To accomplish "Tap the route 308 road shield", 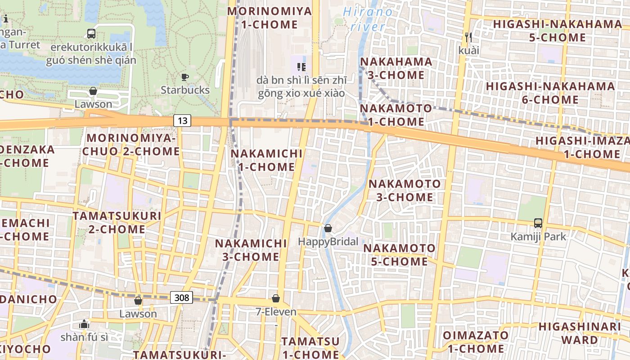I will coord(182,297).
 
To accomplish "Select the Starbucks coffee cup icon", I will coord(184,77).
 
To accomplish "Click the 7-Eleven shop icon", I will coord(276,298).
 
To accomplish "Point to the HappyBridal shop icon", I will coord(328,229).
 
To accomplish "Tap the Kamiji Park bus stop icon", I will coord(538,223).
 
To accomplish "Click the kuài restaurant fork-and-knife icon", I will coord(468,37).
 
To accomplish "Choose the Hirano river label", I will coord(368,19).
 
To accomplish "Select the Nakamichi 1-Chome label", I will coord(266,160).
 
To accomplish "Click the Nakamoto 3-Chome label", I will coord(405,190).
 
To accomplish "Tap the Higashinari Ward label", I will coord(580,333).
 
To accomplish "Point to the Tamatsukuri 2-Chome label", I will coord(117,222).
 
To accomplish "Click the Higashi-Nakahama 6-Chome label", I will coord(550,93).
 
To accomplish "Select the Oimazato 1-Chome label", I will coord(476,342).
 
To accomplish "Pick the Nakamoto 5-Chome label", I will coord(399,255).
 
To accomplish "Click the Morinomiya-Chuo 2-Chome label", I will coord(131,144).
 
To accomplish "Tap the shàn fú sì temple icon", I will coord(84,324).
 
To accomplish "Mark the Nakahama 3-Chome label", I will coord(396,68).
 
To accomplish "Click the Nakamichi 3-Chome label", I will coord(251,250).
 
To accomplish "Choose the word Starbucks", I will coord(185,90).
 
